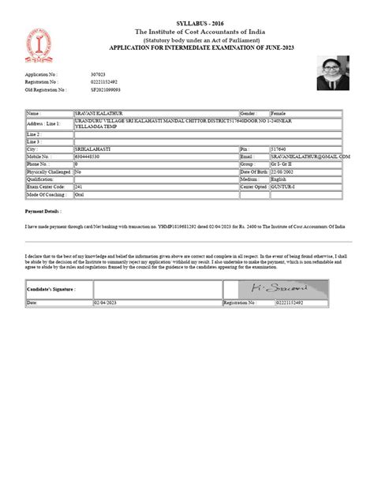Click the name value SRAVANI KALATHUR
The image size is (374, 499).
(x=115, y=114)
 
